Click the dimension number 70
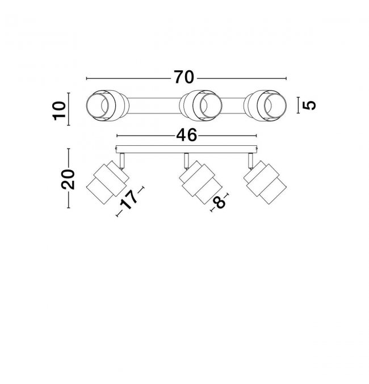(184, 77)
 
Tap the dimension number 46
(186, 135)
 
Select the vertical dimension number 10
(60, 111)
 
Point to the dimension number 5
(309, 106)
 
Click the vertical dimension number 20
(68, 179)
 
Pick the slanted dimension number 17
(129, 200)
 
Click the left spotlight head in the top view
(107, 106)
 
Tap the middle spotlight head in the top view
(200, 106)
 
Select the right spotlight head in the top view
(265, 106)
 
